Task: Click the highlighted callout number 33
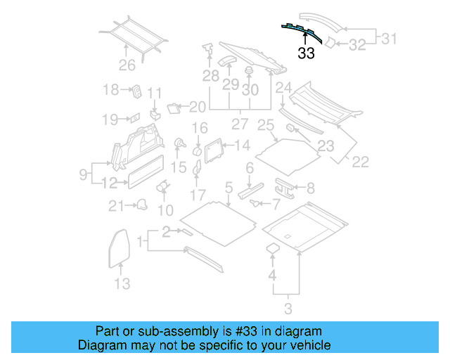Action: click(x=306, y=53)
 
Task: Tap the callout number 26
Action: click(x=127, y=67)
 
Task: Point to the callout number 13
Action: click(x=122, y=283)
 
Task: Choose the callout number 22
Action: click(x=360, y=162)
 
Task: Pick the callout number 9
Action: click(x=83, y=172)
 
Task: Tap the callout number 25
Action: click(x=265, y=126)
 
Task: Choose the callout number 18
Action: click(x=111, y=90)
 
